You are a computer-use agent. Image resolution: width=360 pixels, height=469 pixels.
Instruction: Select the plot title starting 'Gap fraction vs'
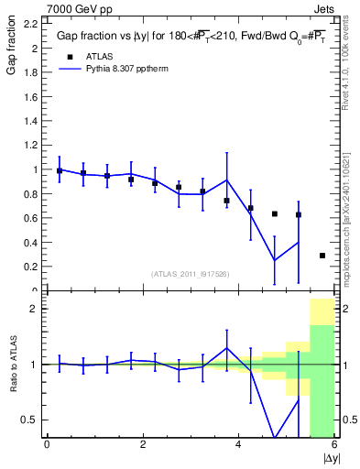(x=187, y=37)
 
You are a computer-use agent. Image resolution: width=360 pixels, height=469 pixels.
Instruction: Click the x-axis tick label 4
(x=239, y=446)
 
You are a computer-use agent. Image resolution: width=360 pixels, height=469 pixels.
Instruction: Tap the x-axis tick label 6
(x=334, y=446)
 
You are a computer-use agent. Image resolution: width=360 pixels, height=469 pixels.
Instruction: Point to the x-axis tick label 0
(x=47, y=446)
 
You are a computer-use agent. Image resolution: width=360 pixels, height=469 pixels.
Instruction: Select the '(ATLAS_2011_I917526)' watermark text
(x=190, y=274)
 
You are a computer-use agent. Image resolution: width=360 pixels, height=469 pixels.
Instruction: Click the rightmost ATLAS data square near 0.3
(x=322, y=256)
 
